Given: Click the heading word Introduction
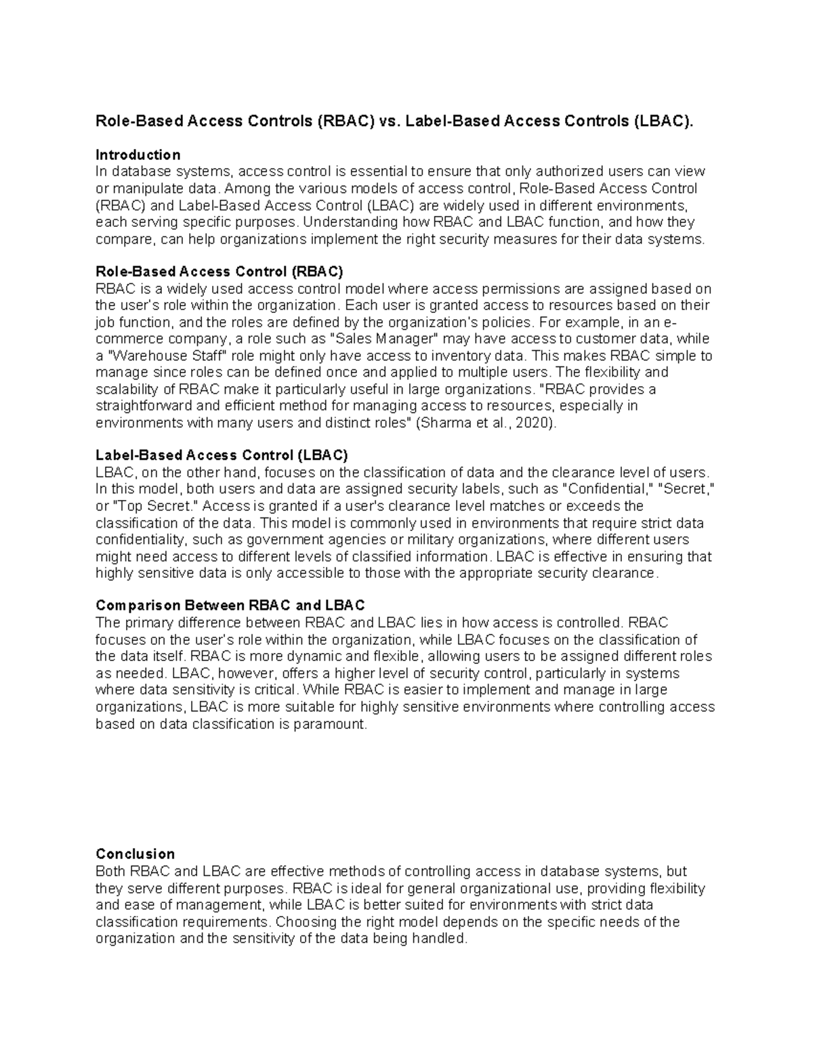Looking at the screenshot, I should (x=138, y=154).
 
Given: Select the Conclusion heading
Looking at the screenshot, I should (x=135, y=854).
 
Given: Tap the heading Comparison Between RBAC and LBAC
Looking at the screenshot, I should (x=230, y=605).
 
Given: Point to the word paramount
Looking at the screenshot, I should (x=330, y=724).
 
